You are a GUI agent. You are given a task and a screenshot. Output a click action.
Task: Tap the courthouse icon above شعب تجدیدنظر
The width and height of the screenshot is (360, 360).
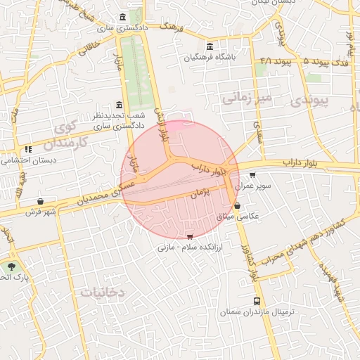coord(117,104)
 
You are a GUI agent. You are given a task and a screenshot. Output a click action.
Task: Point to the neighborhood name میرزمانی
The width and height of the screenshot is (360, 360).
coord(247,97)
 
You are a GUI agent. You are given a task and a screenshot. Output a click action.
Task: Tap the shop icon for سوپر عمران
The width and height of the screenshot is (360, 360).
coord(252,175)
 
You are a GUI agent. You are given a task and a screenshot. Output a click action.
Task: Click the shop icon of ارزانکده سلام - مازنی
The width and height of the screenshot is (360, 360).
coord(189,238)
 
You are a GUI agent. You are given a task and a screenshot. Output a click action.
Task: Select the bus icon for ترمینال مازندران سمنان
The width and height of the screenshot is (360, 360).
coord(256,301)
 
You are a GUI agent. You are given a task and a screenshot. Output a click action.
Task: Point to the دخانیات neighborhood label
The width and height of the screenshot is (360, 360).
coord(102,291)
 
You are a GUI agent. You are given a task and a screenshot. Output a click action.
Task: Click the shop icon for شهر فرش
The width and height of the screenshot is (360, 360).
coord(40,201)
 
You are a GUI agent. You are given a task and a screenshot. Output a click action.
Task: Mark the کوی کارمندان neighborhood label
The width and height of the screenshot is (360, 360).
coord(65,135)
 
